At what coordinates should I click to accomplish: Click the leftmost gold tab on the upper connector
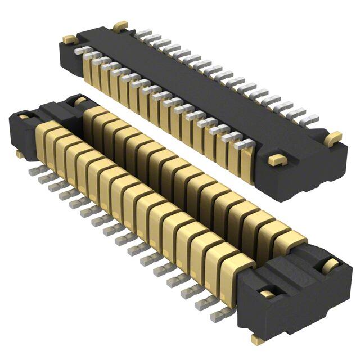(x=69, y=39)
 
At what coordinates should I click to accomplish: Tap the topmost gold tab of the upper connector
(x=120, y=26)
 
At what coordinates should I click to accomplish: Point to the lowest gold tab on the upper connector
(x=276, y=159)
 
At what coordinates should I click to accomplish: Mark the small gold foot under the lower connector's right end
(x=258, y=339)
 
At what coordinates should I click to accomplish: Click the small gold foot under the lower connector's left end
(x=20, y=154)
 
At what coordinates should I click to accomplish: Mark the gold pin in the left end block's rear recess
(x=79, y=101)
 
